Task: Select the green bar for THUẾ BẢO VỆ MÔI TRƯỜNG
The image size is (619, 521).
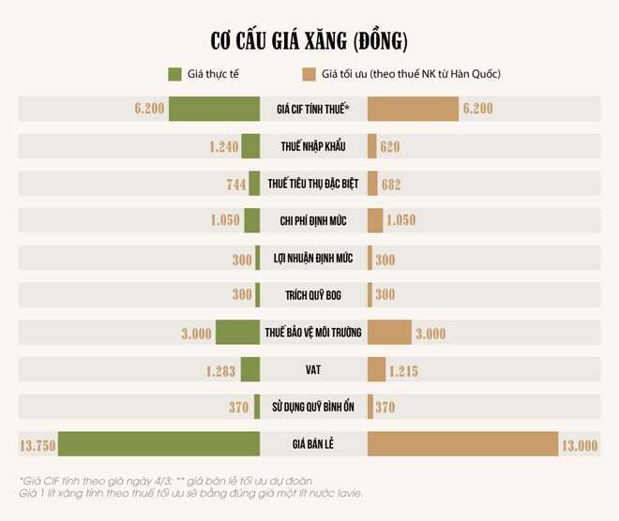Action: pos(237,333)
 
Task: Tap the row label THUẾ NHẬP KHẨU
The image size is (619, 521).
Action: pos(313,146)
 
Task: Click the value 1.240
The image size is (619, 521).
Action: pos(225,146)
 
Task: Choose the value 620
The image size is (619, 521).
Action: pos(391,146)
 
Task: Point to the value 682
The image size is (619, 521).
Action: pos(391,184)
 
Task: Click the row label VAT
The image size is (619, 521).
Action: pos(313,370)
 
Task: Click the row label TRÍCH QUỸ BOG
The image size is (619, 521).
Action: pos(313,295)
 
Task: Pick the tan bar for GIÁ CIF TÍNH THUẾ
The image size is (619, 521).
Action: pos(412,109)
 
